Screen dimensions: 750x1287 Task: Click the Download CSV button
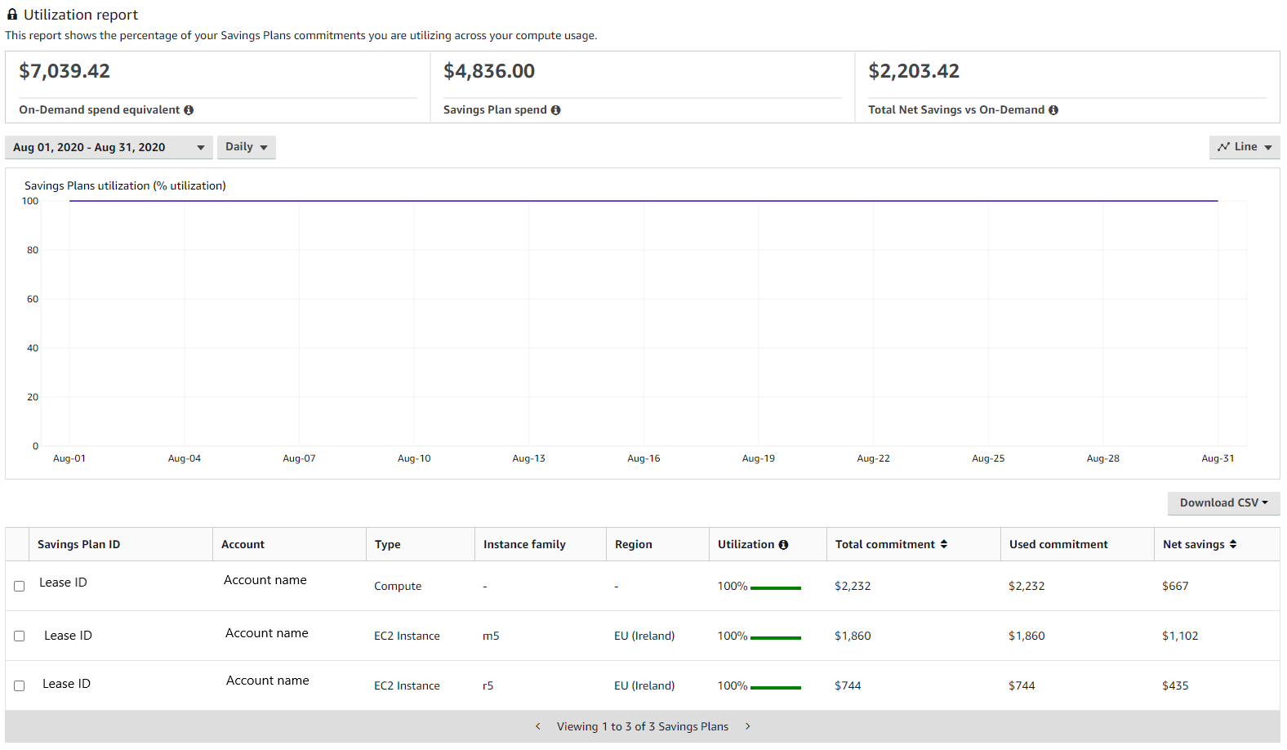(x=1222, y=503)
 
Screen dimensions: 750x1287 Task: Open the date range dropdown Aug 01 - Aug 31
(x=109, y=148)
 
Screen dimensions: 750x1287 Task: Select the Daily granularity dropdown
(x=246, y=147)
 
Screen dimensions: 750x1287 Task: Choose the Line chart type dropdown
(x=1244, y=147)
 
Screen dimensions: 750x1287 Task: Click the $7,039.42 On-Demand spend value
(x=65, y=72)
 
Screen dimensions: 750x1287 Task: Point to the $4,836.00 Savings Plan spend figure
(x=489, y=72)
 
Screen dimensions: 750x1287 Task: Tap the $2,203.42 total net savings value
(x=914, y=72)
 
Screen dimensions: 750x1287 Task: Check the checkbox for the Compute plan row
(x=20, y=587)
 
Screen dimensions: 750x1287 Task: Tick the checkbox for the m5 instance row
(x=20, y=636)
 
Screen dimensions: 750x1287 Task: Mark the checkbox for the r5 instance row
(x=20, y=686)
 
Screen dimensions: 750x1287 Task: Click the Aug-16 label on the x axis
(x=643, y=458)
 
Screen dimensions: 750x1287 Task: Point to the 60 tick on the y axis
(x=33, y=299)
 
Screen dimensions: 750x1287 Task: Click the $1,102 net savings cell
(x=1180, y=636)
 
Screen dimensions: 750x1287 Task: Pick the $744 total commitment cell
(x=848, y=686)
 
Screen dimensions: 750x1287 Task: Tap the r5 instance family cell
(x=488, y=686)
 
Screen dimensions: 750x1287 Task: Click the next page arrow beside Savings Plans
(x=747, y=726)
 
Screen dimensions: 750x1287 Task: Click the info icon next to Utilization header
(x=783, y=545)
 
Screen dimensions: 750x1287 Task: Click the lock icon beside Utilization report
(x=12, y=15)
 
